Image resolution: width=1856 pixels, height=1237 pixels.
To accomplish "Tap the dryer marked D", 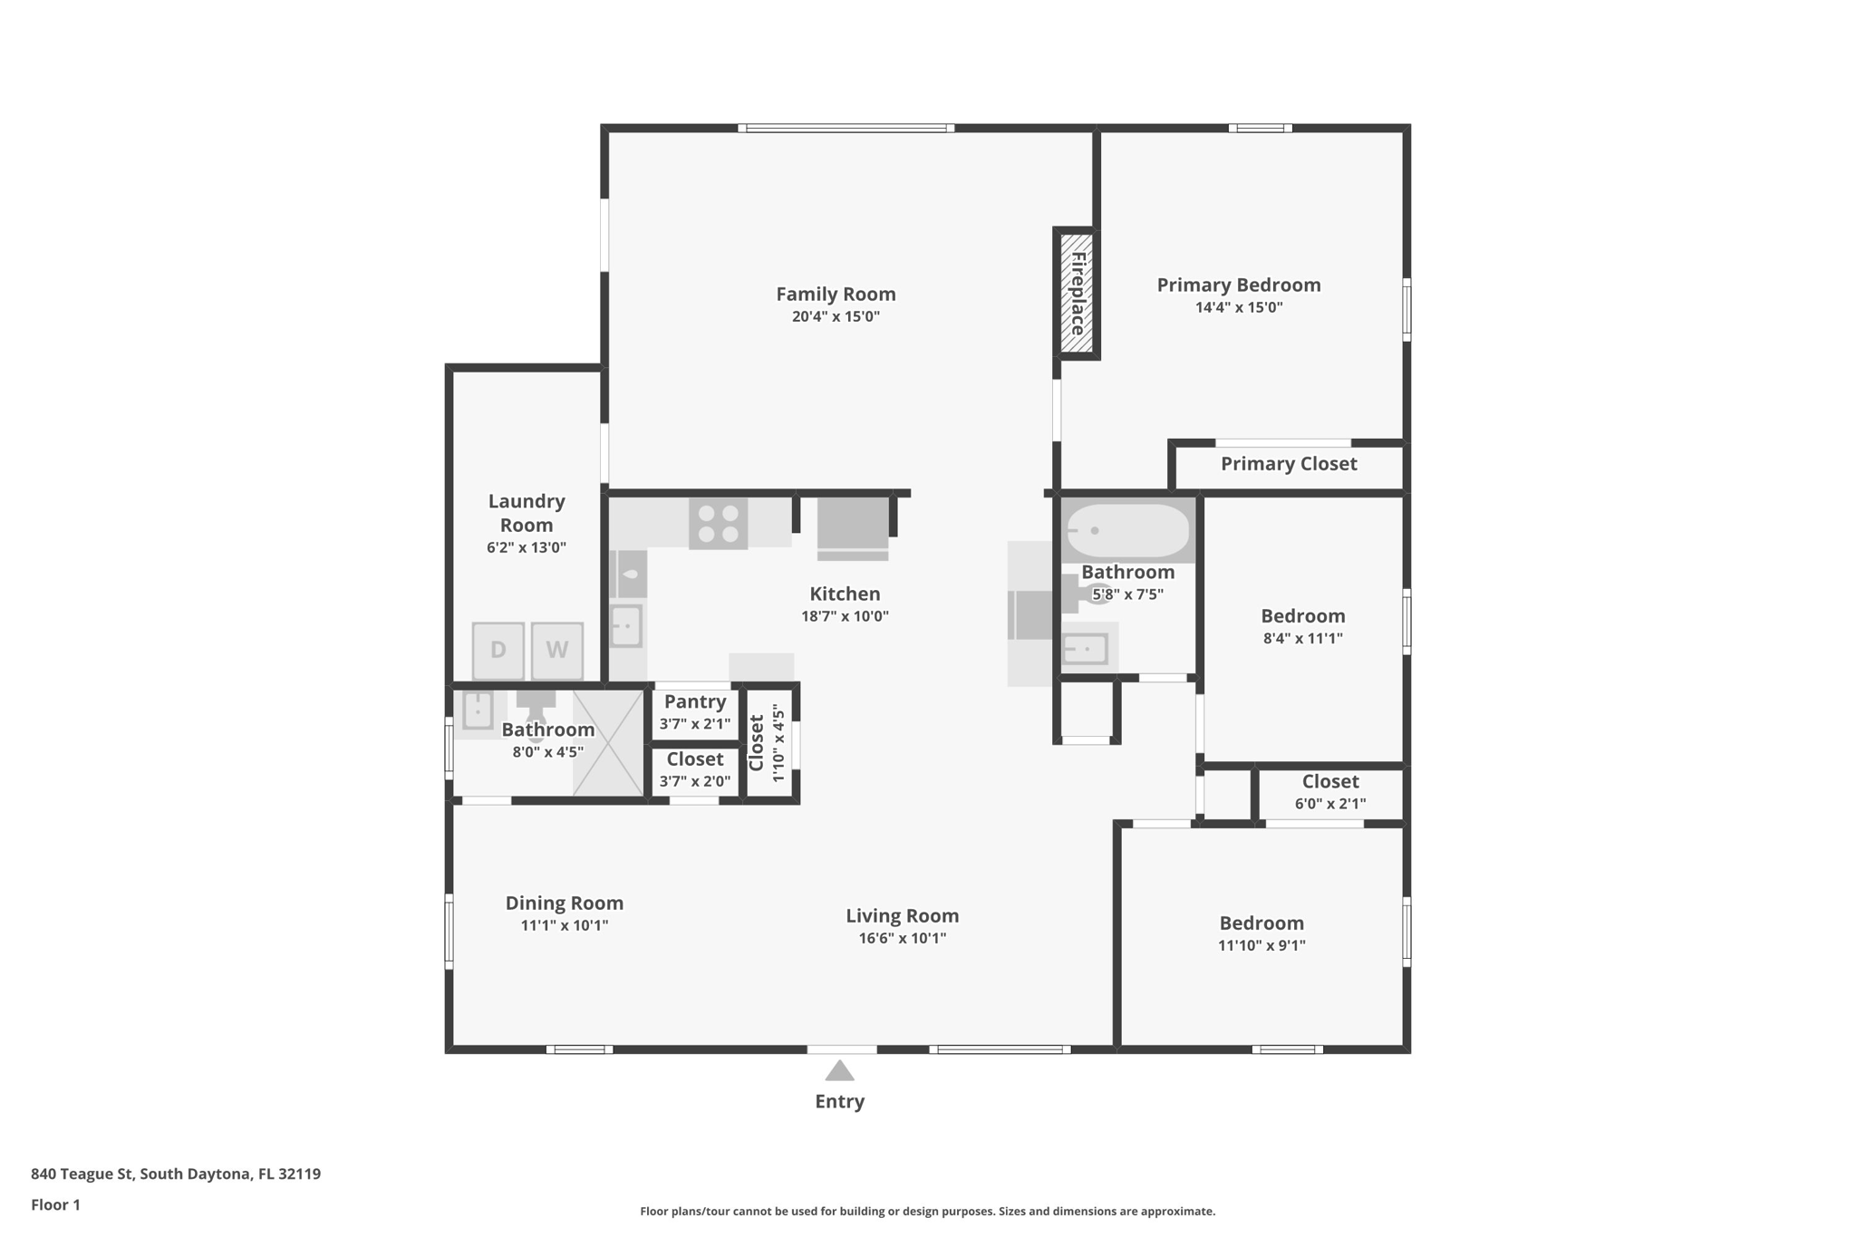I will (x=498, y=650).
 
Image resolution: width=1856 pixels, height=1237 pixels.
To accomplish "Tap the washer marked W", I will (x=556, y=650).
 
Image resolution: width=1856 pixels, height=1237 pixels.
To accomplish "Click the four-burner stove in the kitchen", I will (x=718, y=523).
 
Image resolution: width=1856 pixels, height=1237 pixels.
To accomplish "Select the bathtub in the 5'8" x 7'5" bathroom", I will (x=1126, y=531).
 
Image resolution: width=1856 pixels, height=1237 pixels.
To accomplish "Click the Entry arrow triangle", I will (x=839, y=1071).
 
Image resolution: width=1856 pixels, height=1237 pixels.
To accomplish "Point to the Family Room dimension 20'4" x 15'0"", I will (x=836, y=316).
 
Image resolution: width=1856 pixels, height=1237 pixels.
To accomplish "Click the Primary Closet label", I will (x=1288, y=464).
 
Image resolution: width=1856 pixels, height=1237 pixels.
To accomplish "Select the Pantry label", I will (x=694, y=701).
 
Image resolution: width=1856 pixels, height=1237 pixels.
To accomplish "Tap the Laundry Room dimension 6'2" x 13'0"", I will (x=526, y=547).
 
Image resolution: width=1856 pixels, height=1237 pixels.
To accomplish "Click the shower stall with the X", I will (x=608, y=743).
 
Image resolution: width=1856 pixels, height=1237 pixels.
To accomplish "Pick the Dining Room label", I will (x=564, y=903).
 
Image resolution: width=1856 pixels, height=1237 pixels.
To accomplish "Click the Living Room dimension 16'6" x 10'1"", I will (x=902, y=938).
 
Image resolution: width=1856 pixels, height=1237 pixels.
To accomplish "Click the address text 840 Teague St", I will (x=175, y=1174).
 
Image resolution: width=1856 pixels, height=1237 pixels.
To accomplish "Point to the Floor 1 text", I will (x=55, y=1204).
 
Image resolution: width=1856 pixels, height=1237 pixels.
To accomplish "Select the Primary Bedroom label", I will (x=1238, y=285).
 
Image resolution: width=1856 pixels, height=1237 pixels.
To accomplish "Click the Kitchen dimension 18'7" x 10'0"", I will (x=845, y=616).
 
